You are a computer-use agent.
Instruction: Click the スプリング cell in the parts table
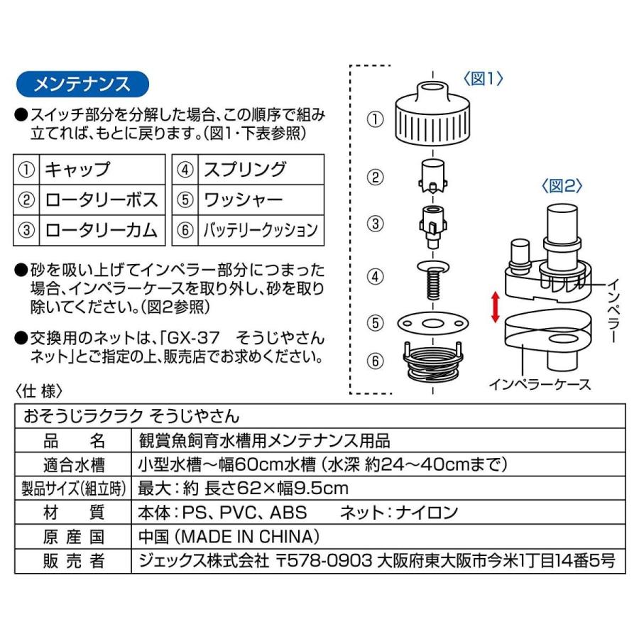pyautogui.click(x=245, y=170)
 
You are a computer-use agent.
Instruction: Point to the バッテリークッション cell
pyautogui.click(x=260, y=230)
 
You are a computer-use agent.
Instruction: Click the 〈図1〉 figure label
pyautogui.click(x=484, y=79)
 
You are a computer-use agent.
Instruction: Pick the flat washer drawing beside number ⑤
pyautogui.click(x=432, y=322)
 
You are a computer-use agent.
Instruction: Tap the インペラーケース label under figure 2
pyautogui.click(x=540, y=384)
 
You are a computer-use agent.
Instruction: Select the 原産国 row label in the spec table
pyautogui.click(x=74, y=536)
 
